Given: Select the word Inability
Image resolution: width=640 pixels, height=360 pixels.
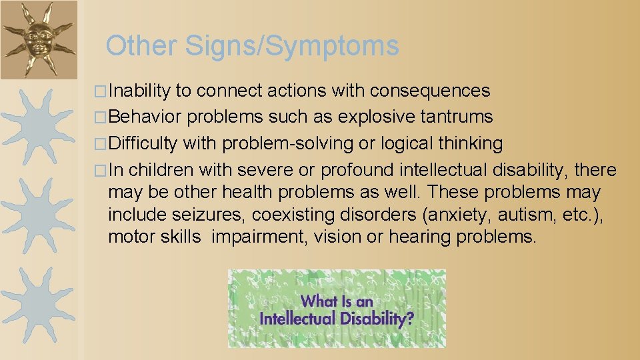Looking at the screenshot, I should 139,91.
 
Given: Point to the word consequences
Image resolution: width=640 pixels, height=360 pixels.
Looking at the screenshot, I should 430,91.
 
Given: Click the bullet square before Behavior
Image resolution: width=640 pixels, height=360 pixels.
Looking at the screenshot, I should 101,117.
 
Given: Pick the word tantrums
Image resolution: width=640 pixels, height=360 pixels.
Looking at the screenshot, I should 457,117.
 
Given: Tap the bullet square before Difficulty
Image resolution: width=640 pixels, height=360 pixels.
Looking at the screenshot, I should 101,144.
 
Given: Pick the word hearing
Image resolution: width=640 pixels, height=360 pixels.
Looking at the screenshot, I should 421,237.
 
